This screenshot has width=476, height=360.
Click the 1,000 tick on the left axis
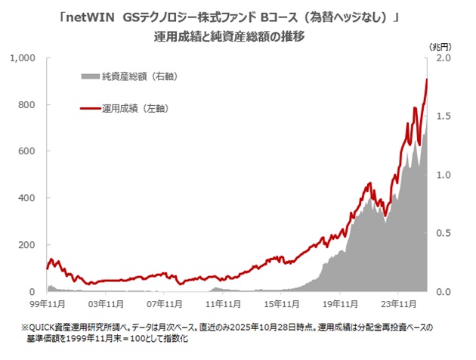(x=24, y=58)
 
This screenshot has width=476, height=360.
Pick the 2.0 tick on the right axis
(x=444, y=58)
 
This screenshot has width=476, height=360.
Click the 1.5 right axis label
(x=444, y=116)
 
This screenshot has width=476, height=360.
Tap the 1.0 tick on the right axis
(x=444, y=175)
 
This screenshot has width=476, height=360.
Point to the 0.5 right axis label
(x=444, y=234)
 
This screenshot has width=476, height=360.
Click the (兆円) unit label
(x=440, y=46)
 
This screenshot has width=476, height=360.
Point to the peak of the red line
(x=427, y=79)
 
